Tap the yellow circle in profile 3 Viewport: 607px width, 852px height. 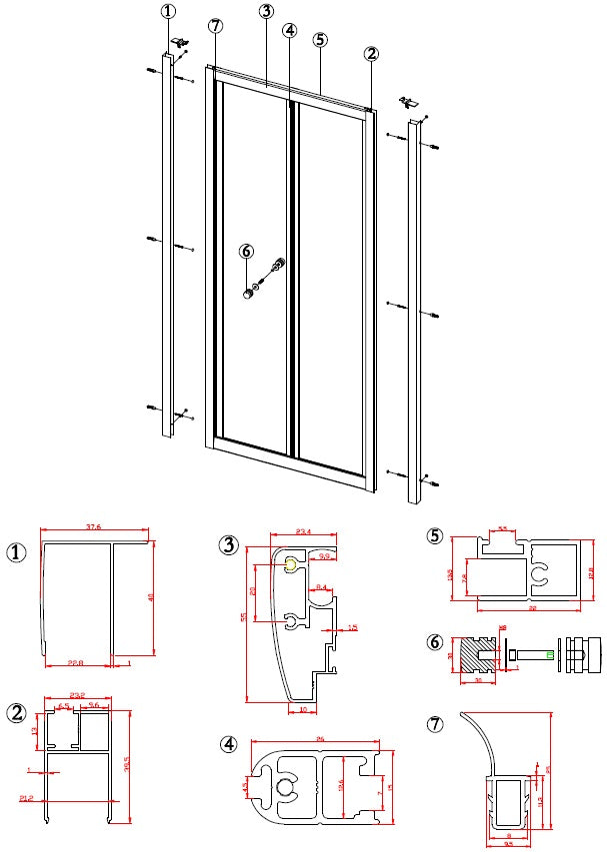coord(290,566)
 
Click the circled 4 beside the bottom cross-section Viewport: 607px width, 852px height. coord(229,745)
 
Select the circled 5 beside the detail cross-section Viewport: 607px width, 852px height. coord(435,535)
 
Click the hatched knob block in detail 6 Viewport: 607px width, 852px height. coord(474,655)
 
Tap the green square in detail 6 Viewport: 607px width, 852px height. coord(549,655)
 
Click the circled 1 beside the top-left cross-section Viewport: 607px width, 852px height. coord(17,552)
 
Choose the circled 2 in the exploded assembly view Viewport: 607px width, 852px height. coord(372,53)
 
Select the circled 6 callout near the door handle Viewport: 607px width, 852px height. coord(247,252)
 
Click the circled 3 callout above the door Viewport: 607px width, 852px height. coord(266,12)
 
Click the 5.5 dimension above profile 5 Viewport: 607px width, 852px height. coord(503,528)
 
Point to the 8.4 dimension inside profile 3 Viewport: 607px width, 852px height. coord(321,587)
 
